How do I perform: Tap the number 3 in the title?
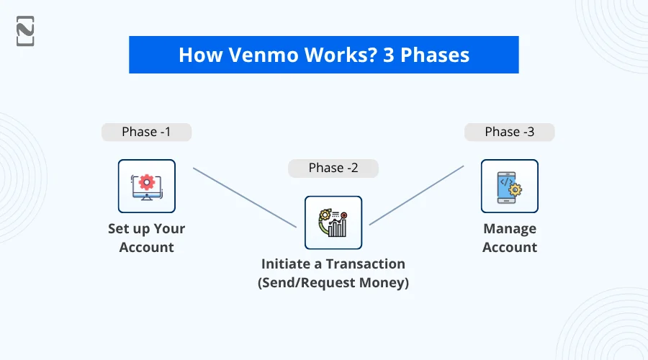click(x=390, y=55)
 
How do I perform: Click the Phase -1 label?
click(x=146, y=132)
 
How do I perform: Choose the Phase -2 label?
click(x=333, y=168)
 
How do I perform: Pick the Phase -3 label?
click(x=509, y=132)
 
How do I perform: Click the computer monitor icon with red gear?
click(x=146, y=186)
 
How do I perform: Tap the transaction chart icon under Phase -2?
click(x=333, y=222)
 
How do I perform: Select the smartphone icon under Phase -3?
click(x=509, y=186)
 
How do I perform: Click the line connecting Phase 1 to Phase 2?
click(x=245, y=198)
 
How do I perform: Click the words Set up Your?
click(x=146, y=229)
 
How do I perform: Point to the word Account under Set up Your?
click(x=146, y=247)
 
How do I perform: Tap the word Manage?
click(x=509, y=229)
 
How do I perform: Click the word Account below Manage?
click(x=509, y=247)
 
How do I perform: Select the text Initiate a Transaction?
click(x=333, y=264)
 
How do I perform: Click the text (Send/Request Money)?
click(x=333, y=283)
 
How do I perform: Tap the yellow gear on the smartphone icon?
click(x=516, y=191)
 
